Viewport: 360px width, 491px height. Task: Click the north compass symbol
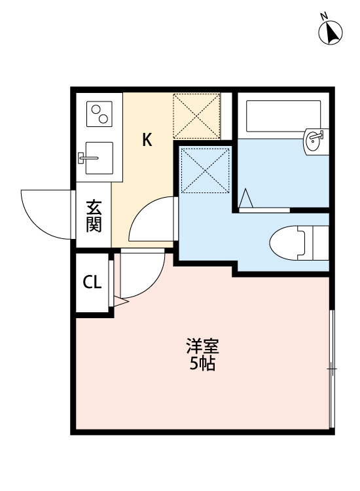(331, 32)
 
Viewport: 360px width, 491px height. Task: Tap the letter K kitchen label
(148, 140)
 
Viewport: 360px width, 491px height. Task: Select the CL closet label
(92, 283)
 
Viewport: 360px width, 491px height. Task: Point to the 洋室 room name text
(202, 346)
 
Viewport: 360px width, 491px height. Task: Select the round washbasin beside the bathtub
(314, 139)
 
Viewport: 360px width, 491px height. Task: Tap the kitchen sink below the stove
(97, 158)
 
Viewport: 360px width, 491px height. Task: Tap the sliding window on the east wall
(332, 370)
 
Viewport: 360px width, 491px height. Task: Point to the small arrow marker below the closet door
(119, 302)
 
